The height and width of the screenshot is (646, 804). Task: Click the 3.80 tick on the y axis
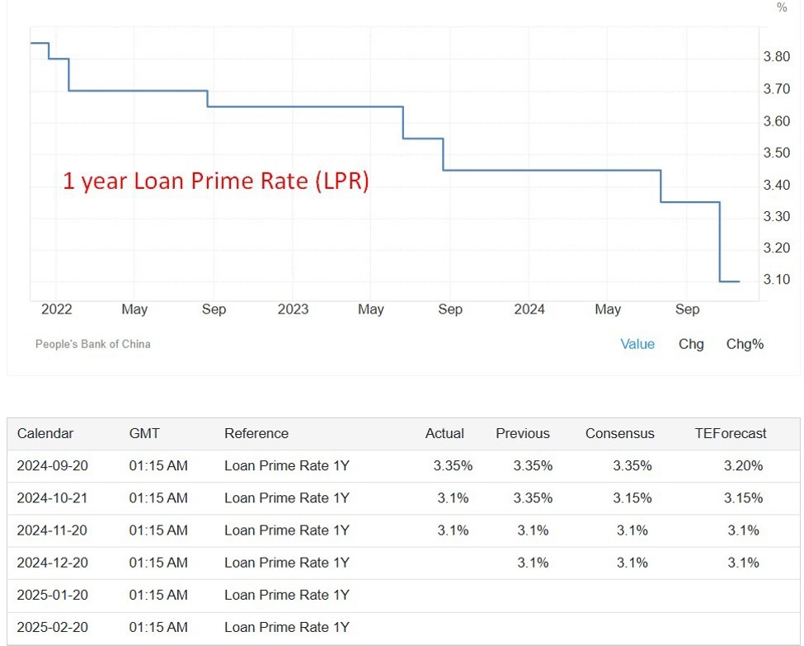(x=778, y=57)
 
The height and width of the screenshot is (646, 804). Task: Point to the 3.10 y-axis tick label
(x=778, y=280)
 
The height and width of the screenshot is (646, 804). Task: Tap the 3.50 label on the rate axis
(x=778, y=153)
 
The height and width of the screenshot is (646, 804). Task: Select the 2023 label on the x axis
(x=293, y=309)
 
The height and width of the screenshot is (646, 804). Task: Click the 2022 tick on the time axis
(x=56, y=309)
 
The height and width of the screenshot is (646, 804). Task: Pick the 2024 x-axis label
(x=529, y=309)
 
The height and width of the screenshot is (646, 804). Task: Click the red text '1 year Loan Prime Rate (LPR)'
(x=216, y=182)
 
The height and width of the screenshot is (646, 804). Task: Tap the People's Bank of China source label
(x=92, y=344)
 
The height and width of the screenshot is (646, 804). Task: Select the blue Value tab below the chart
(x=637, y=344)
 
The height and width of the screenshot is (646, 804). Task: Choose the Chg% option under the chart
(x=745, y=344)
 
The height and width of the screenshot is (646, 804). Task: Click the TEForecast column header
(x=731, y=433)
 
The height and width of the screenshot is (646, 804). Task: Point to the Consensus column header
(x=620, y=433)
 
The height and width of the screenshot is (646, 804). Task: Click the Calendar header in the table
(x=45, y=433)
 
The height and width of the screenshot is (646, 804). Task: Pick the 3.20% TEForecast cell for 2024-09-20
(x=743, y=465)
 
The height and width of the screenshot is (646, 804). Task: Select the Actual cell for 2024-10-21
(x=453, y=498)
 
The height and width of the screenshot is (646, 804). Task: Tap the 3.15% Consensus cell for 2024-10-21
(x=632, y=498)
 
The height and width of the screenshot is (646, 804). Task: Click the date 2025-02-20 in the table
(x=53, y=627)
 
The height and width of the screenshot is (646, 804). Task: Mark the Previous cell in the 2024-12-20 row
(x=533, y=563)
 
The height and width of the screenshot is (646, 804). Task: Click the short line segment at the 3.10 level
(x=730, y=281)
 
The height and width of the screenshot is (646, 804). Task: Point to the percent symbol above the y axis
(x=782, y=8)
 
